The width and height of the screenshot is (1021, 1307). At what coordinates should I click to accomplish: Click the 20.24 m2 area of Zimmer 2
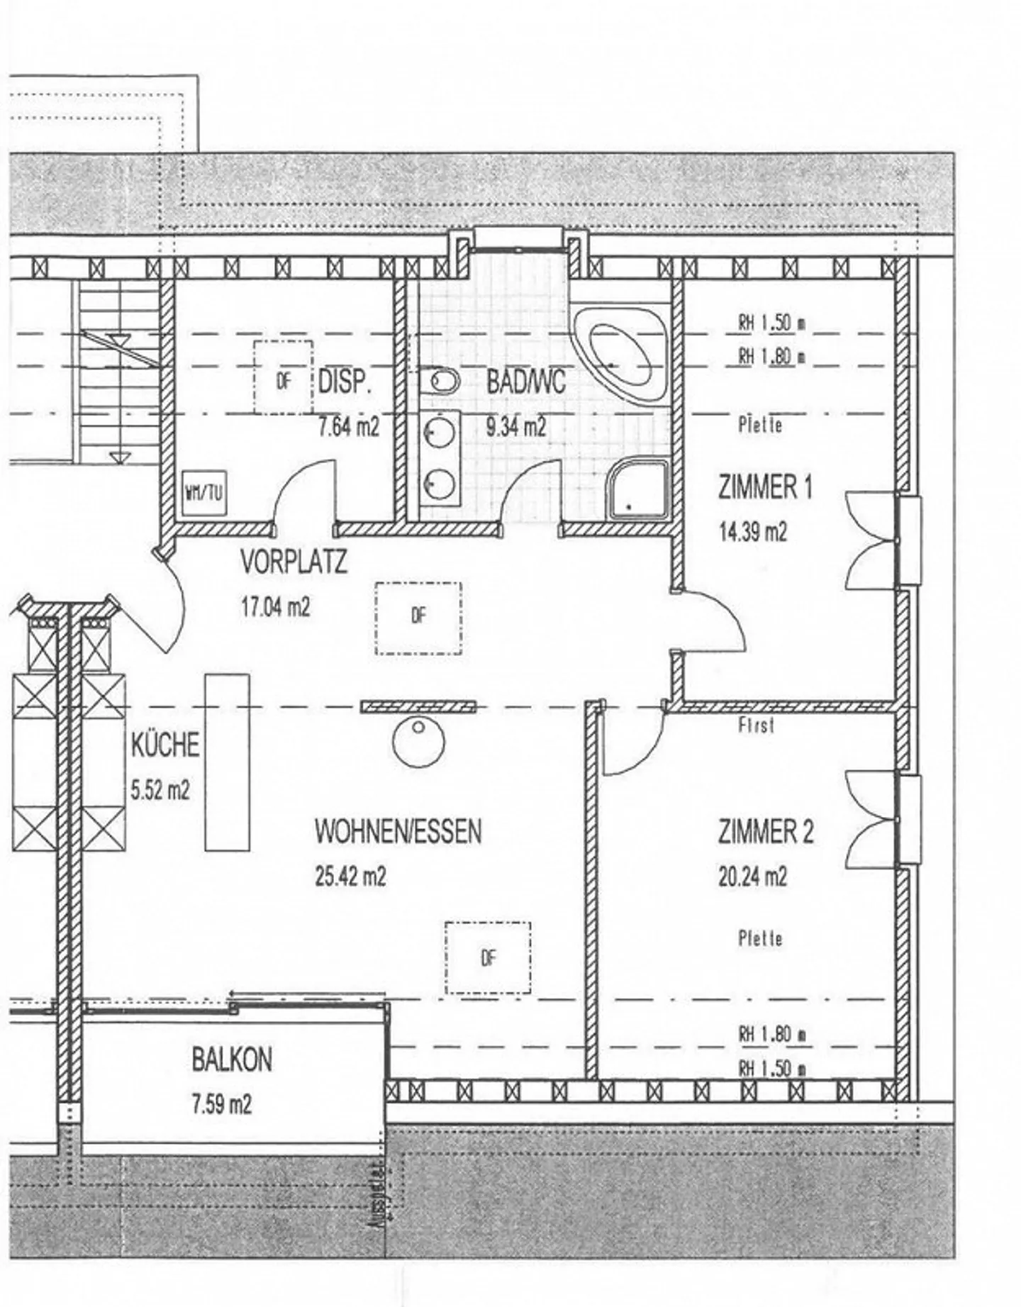tap(752, 877)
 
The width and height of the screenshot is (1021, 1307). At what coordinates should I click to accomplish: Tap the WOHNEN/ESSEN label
tap(398, 831)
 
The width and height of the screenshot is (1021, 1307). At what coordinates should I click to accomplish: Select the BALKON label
tap(231, 1059)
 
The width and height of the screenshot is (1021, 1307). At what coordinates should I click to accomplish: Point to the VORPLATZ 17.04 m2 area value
tap(274, 607)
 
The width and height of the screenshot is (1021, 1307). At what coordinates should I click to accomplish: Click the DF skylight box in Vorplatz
tap(418, 618)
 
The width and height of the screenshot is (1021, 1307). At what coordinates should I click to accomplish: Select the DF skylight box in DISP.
tap(284, 377)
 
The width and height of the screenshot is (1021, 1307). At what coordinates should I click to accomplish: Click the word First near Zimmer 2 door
tap(756, 725)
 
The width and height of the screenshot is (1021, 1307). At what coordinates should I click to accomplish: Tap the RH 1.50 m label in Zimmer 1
tap(771, 323)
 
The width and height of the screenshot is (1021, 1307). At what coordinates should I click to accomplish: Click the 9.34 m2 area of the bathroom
tap(515, 427)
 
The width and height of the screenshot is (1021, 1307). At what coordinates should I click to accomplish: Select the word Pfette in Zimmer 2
tap(760, 939)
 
